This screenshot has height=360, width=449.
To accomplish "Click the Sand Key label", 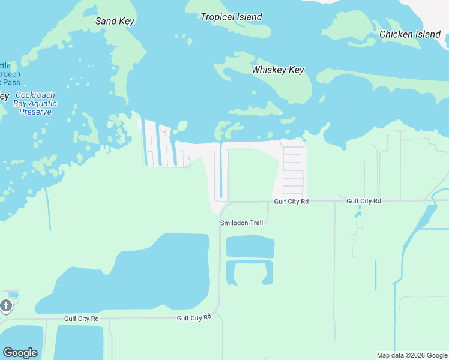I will [x=115, y=21].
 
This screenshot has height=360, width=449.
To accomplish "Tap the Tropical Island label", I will [x=231, y=17].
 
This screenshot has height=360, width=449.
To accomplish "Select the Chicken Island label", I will [x=410, y=34].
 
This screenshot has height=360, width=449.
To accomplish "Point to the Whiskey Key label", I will [x=278, y=70].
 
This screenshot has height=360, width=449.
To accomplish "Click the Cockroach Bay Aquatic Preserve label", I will [x=35, y=103].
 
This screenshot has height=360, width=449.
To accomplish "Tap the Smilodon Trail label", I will [x=241, y=223].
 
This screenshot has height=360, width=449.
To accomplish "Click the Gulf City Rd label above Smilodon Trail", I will [x=291, y=202].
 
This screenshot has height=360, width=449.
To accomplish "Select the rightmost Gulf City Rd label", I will [x=364, y=201].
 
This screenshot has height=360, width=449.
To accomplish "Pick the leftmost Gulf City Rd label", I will [x=81, y=319].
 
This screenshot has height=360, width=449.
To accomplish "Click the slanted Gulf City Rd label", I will [x=194, y=317].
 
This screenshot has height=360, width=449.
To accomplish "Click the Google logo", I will [x=20, y=353].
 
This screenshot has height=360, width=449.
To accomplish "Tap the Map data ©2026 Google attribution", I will [x=412, y=355].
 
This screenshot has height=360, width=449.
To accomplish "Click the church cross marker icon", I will [x=6, y=307].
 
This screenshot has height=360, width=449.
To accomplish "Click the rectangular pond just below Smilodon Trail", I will [x=250, y=247].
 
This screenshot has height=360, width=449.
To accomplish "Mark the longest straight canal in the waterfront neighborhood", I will [x=221, y=171].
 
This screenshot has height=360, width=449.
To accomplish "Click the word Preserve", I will [x=35, y=112].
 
